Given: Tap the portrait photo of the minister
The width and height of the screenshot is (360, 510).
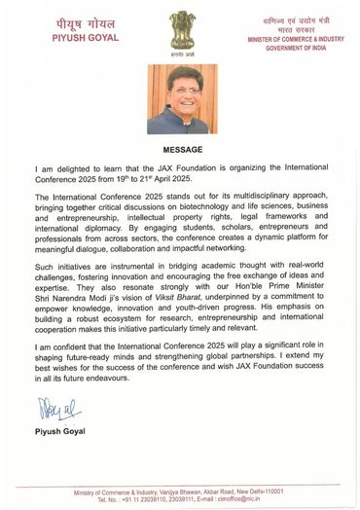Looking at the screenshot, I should point(180,100).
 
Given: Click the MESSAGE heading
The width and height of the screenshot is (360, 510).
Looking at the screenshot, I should point(180,150).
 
